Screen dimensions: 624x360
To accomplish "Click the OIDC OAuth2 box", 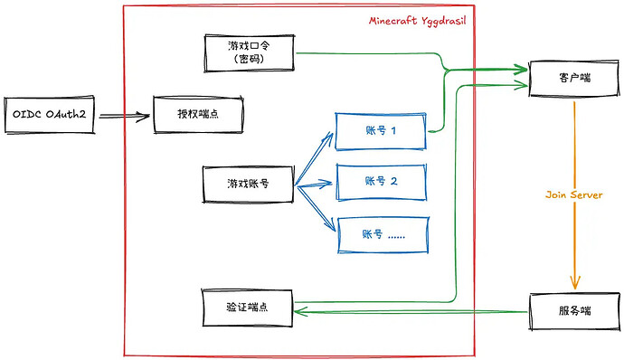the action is click(x=50, y=115).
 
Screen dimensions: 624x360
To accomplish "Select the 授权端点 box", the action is click(x=198, y=114).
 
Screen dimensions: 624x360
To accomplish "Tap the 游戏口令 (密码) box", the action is click(x=249, y=53).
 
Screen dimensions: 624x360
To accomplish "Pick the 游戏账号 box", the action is click(x=249, y=185).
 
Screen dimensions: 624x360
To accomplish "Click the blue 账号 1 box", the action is click(x=381, y=131).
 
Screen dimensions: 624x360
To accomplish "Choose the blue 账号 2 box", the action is click(x=382, y=182).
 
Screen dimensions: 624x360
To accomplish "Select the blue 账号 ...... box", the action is click(x=383, y=235).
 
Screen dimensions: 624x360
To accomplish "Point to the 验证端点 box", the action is click(x=247, y=308).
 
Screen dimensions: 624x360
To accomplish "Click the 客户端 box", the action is click(x=574, y=79).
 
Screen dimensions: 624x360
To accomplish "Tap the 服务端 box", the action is click(x=574, y=311).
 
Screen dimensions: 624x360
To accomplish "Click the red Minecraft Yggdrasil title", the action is click(x=417, y=22).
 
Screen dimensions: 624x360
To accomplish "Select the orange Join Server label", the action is click(x=574, y=194).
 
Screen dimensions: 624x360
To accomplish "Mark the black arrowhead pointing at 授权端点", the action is click(x=144, y=117).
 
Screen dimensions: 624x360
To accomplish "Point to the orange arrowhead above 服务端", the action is click(x=574, y=282).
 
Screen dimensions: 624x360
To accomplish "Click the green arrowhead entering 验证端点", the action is click(x=300, y=311).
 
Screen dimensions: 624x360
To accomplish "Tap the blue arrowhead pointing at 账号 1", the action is click(x=328, y=137).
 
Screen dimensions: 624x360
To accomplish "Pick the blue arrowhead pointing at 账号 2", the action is click(x=326, y=184).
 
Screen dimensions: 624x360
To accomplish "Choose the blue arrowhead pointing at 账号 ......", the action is click(x=330, y=225).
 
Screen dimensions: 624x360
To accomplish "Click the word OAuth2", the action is click(x=66, y=115).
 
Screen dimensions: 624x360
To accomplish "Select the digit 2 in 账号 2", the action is click(x=393, y=182).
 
